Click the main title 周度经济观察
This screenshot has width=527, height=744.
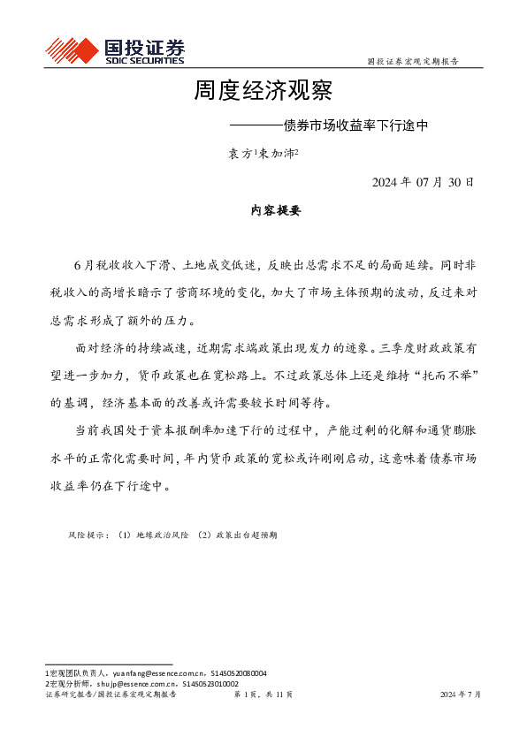click(x=263, y=91)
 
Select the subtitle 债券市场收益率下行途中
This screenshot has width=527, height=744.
click(x=355, y=125)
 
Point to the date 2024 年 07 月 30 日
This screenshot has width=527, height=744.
click(x=423, y=183)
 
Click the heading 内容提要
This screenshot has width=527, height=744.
click(x=263, y=211)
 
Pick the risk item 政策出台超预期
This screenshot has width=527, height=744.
click(x=246, y=535)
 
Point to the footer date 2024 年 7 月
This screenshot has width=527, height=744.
click(x=461, y=695)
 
